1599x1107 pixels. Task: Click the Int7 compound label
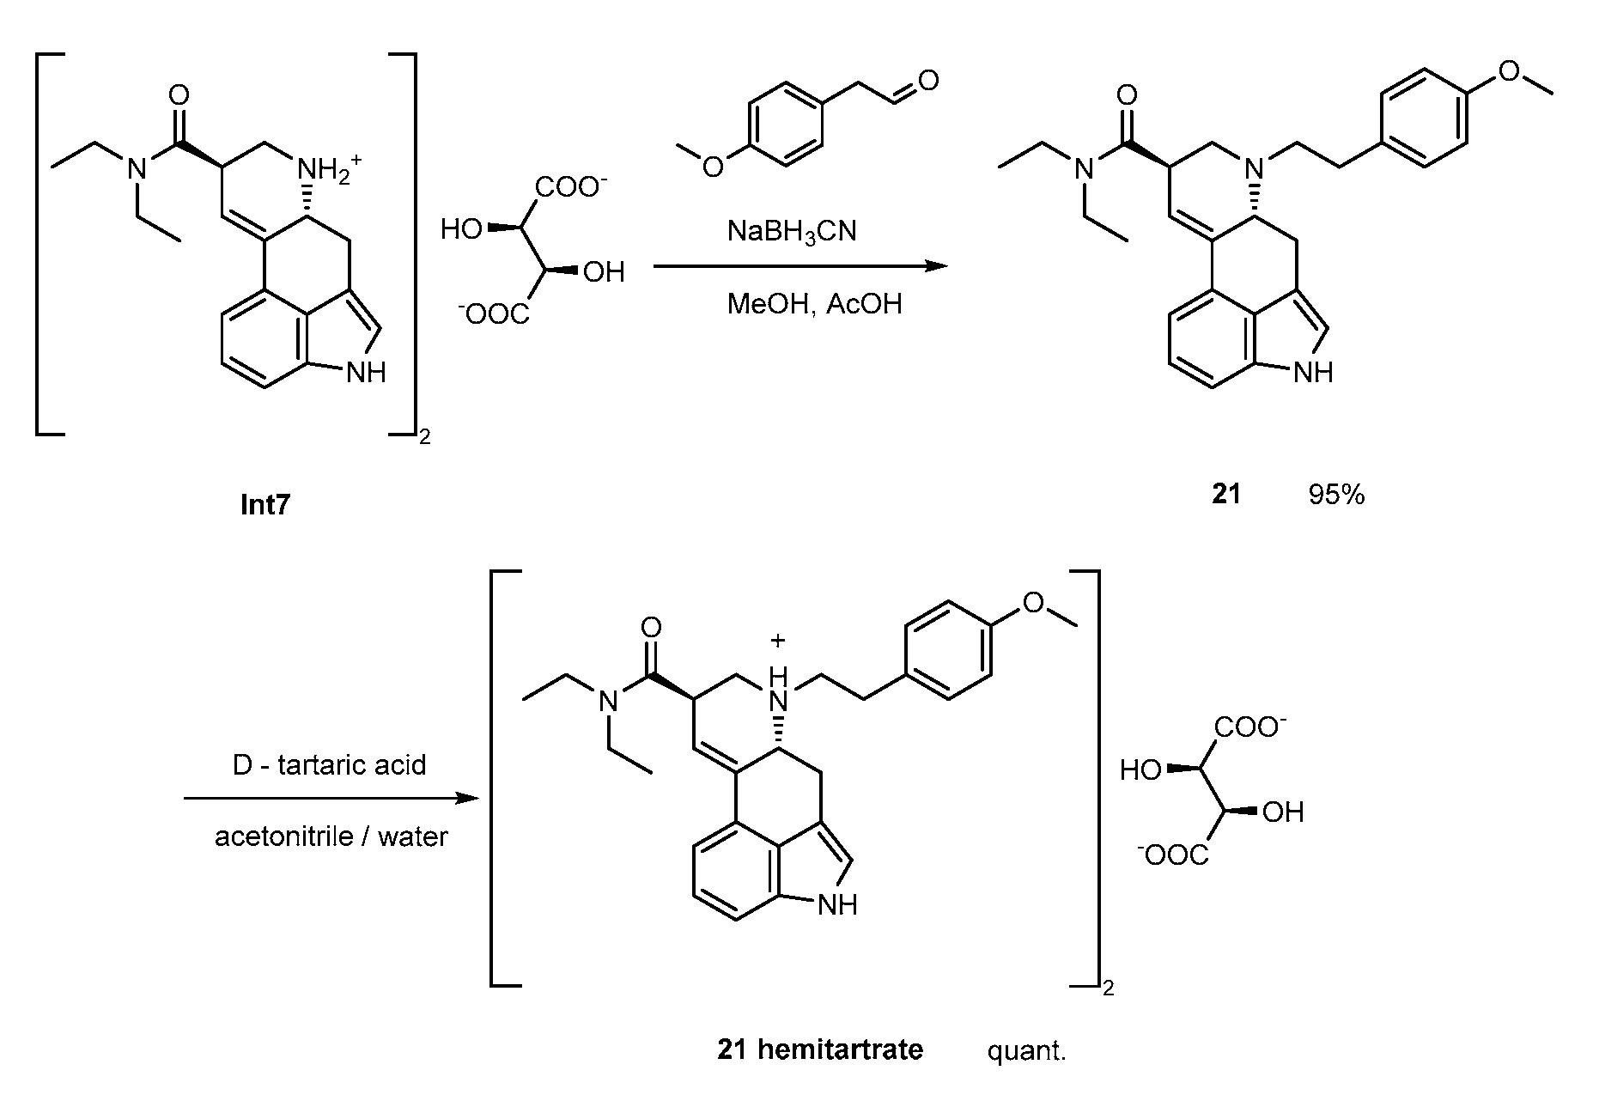[x=264, y=504]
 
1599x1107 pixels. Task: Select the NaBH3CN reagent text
[x=791, y=232]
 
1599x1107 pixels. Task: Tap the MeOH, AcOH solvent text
[x=814, y=305]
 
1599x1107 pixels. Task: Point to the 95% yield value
[x=1336, y=495]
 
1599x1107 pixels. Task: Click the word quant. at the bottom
[x=1026, y=1050]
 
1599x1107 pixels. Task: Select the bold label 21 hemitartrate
[x=820, y=1049]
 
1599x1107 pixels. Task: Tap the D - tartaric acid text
[x=330, y=764]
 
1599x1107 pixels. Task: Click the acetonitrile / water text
[x=331, y=836]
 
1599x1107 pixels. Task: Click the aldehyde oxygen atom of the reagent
[x=927, y=82]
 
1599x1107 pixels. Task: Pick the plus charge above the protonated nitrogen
[x=778, y=641]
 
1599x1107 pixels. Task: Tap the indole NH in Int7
[x=365, y=373]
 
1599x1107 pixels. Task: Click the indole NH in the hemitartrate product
[x=837, y=904]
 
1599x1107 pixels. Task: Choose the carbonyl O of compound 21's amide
[x=1128, y=94]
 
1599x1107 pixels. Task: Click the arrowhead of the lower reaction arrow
[x=467, y=799]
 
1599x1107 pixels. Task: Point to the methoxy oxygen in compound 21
[x=1510, y=71]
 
